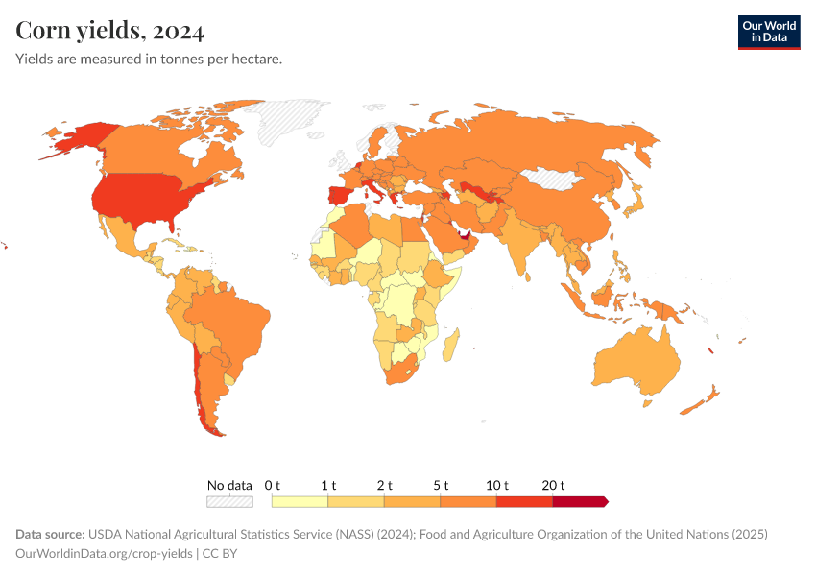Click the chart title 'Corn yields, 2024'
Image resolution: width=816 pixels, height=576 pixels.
pyautogui.click(x=109, y=31)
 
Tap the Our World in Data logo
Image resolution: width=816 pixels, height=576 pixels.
pyautogui.click(x=768, y=31)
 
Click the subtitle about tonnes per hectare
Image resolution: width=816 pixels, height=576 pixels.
pyautogui.click(x=149, y=60)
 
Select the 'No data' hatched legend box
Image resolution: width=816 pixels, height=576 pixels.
pyautogui.click(x=229, y=501)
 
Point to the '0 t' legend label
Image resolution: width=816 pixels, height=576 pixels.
pyautogui.click(x=272, y=485)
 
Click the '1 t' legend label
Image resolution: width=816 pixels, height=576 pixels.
pyautogui.click(x=327, y=485)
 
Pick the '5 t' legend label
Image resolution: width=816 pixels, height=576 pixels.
pyautogui.click(x=440, y=485)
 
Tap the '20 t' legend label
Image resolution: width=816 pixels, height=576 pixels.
pyautogui.click(x=553, y=485)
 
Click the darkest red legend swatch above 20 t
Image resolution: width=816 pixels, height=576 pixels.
pyautogui.click(x=579, y=501)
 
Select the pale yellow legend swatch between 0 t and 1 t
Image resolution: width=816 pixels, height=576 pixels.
pyautogui.click(x=300, y=501)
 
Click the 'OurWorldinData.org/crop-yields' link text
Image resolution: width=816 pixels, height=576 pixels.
pyautogui.click(x=104, y=554)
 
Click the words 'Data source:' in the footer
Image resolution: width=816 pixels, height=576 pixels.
pyautogui.click(x=50, y=535)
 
